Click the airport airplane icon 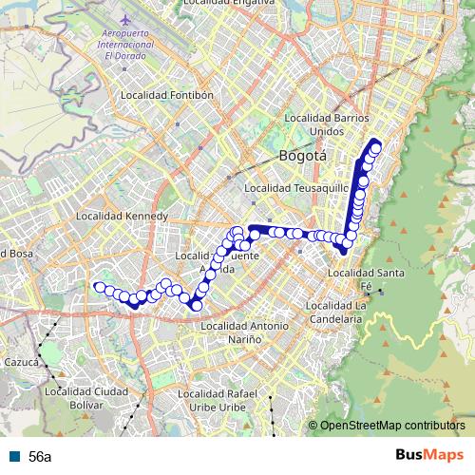tap(124, 19)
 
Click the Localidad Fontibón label tap(167, 96)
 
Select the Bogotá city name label tap(303, 155)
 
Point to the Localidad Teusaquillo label tap(289, 189)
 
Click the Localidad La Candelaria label tap(335, 313)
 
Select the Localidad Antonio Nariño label tap(245, 332)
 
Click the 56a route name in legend tap(39, 456)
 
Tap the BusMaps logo tap(428, 455)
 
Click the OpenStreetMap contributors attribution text tap(391, 426)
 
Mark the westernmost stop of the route tap(99, 287)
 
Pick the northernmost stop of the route tap(376, 146)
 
